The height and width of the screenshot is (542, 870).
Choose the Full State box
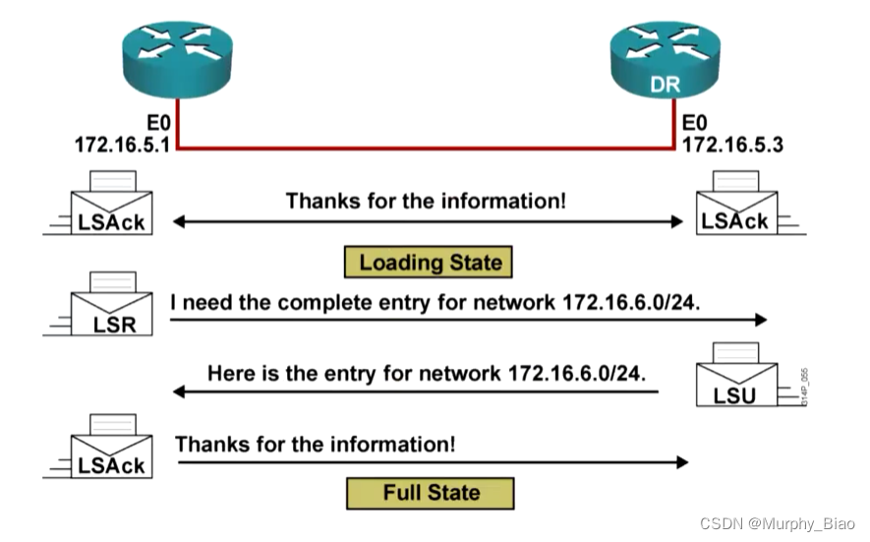[431, 492]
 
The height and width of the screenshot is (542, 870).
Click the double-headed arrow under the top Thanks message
[428, 222]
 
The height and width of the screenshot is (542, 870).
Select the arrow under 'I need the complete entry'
[468, 320]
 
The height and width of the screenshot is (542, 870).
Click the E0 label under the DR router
[695, 124]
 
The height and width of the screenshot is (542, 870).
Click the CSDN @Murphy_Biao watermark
[778, 522]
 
